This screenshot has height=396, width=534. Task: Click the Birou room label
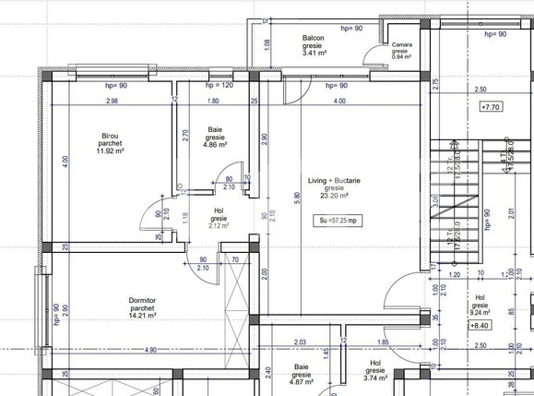point(111,136)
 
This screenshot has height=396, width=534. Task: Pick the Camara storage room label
point(401,44)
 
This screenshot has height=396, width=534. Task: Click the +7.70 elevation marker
point(491,107)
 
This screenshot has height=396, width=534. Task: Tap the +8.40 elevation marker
point(480,325)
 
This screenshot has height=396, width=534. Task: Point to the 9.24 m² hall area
point(480,312)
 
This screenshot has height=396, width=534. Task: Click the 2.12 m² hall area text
point(219,224)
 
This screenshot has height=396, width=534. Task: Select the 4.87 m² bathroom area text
point(302,381)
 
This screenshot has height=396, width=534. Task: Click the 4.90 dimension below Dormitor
point(149,350)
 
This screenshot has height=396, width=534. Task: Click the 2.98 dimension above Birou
point(111,101)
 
